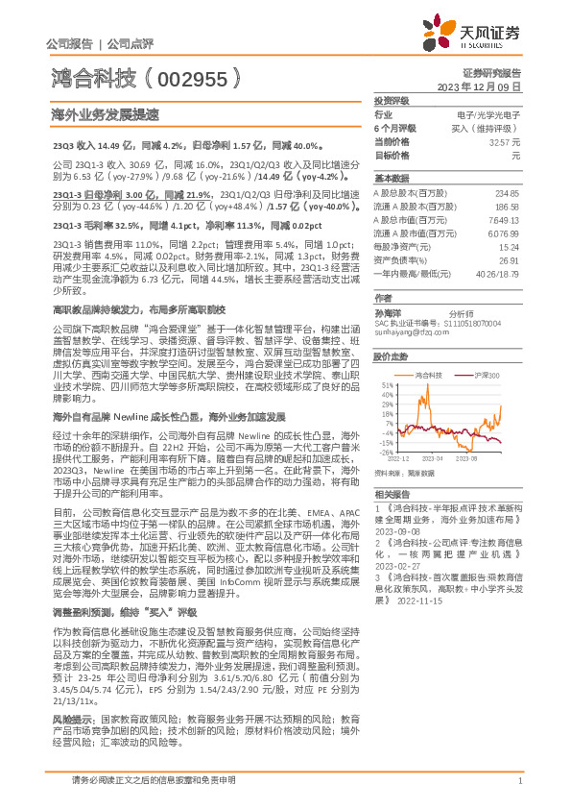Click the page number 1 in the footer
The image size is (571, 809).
[x=518, y=781]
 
